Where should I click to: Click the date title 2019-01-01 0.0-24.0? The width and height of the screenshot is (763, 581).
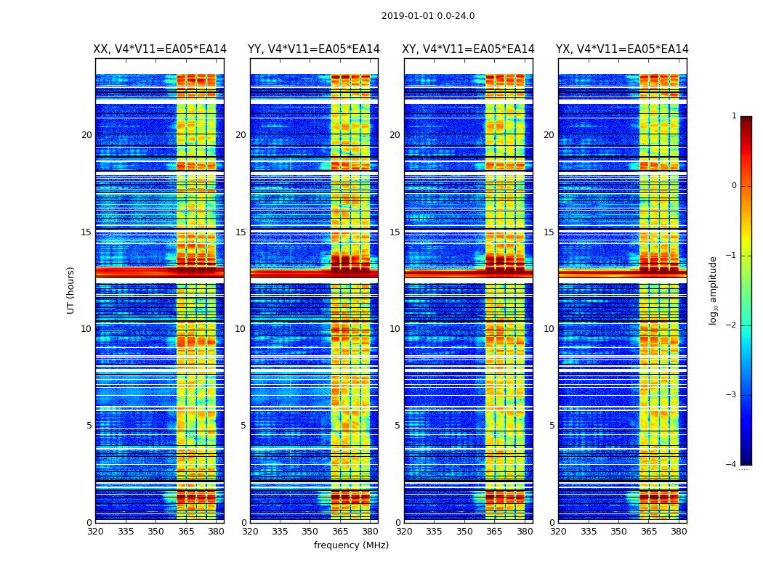pyautogui.click(x=428, y=16)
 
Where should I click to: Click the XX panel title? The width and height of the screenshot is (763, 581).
pyautogui.click(x=160, y=49)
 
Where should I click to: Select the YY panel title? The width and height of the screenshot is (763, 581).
pyautogui.click(x=314, y=49)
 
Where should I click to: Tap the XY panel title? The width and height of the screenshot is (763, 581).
pyautogui.click(x=469, y=49)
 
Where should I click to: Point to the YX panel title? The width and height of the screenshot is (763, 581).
pyautogui.click(x=622, y=49)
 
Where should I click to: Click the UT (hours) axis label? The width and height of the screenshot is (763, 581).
pyautogui.click(x=70, y=290)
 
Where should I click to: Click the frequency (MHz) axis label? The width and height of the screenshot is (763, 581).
pyautogui.click(x=351, y=545)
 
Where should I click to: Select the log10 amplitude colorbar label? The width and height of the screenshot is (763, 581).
pyautogui.click(x=714, y=290)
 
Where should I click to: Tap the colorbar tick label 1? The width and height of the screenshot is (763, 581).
pyautogui.click(x=733, y=116)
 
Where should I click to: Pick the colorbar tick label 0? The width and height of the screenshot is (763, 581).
pyautogui.click(x=733, y=186)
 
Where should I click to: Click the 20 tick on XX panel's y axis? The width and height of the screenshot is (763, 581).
pyautogui.click(x=86, y=135)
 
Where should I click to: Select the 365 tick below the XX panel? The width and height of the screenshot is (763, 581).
pyautogui.click(x=186, y=532)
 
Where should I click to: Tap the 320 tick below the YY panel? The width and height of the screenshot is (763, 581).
pyautogui.click(x=250, y=532)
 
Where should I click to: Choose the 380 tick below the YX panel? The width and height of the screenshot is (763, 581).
pyautogui.click(x=679, y=532)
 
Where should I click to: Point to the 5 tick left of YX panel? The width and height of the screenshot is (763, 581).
pyautogui.click(x=552, y=426)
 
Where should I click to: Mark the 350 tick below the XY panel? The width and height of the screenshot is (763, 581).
pyautogui.click(x=464, y=532)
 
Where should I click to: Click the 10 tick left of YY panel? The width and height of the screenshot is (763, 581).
pyautogui.click(x=241, y=329)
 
